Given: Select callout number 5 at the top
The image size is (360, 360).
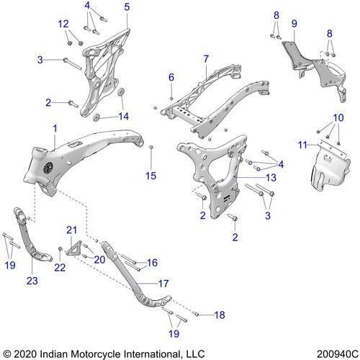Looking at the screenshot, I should pos(127,7).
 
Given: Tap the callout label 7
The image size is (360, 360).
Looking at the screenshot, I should pos(206,58).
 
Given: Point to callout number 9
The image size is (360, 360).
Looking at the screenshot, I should pos(294,24).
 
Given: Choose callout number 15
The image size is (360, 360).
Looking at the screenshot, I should pos(151,176).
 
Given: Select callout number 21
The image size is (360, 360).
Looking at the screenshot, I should pos(71,230).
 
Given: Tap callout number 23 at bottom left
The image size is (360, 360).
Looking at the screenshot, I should pos(32,281).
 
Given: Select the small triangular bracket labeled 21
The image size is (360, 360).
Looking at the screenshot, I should pos(73,248).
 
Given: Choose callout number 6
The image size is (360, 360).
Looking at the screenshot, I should pos(171,77).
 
